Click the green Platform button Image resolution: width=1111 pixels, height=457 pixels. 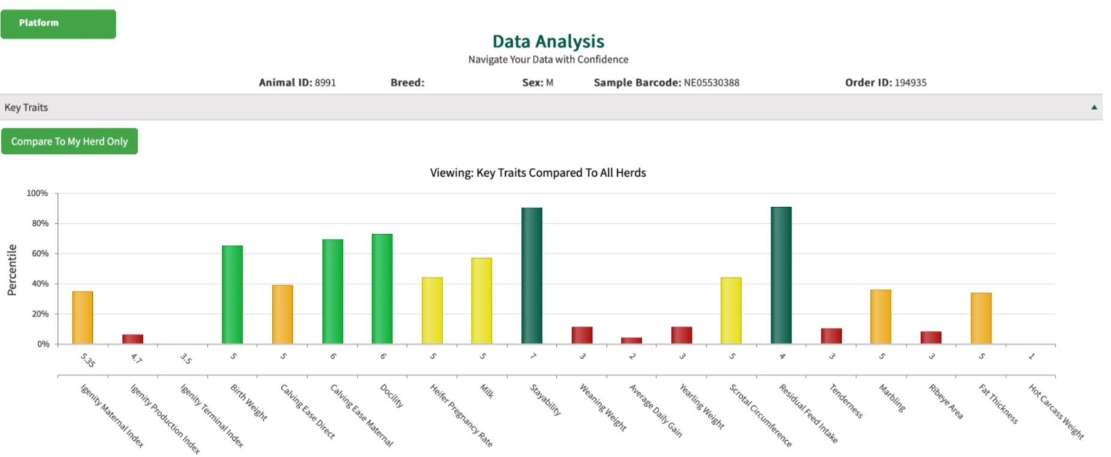coord(58,24)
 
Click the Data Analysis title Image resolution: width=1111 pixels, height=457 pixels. coord(548,41)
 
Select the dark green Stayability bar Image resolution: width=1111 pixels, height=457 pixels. coord(532,276)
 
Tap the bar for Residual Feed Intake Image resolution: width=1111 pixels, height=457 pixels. coord(781,275)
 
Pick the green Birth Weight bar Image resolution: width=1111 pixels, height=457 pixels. coord(232,294)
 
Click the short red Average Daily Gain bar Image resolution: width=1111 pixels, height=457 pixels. coord(631,340)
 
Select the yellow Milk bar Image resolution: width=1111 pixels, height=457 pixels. coord(481,301)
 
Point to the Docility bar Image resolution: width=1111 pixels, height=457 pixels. coord(382,289)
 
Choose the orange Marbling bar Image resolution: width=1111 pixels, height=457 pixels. coord(881,316)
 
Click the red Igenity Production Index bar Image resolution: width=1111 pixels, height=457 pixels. coord(132,339)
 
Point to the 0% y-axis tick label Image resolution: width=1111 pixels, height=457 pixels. coord(43,344)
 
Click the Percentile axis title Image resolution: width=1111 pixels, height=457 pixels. coord(12,270)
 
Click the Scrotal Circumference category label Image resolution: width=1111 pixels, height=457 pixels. coord(760,415)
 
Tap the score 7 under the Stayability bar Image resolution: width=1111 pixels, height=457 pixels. coord(533,356)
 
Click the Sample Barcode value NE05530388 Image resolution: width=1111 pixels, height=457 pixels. coord(711,83)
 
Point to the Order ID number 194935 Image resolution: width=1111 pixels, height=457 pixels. coord(910,83)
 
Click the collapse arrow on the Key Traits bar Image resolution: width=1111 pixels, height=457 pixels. coord(1094,108)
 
